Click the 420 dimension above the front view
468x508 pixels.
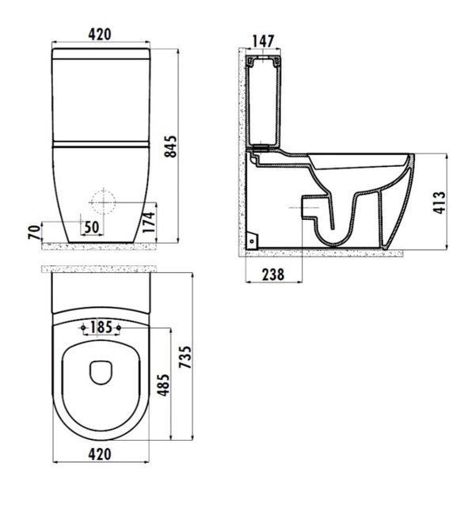click(99, 34)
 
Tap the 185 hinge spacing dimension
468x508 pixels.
click(100, 327)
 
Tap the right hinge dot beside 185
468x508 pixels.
click(118, 328)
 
